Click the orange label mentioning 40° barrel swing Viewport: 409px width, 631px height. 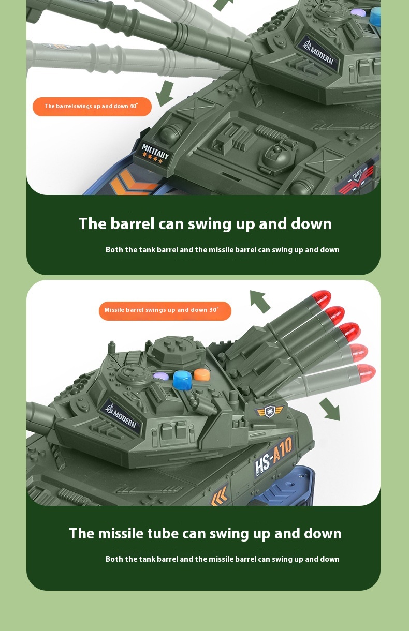92,107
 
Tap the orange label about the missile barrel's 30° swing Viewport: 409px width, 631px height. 165,311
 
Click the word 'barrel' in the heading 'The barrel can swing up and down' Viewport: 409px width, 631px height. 133,223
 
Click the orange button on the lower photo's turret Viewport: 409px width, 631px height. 202,374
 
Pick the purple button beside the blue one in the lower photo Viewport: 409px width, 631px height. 161,377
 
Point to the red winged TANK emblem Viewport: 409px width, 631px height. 357,181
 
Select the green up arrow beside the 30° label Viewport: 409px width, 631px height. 260,302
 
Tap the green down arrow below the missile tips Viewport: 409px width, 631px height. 330,409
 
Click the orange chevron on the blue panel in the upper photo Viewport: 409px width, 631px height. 133,183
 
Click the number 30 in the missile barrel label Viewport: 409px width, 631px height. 212,310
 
